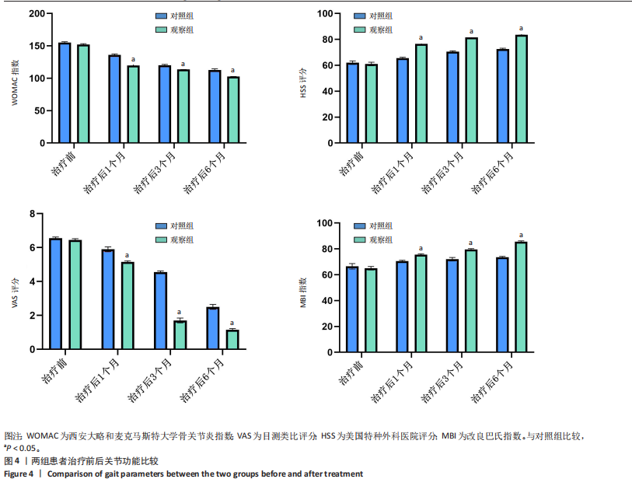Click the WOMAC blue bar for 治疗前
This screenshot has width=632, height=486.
(65, 93)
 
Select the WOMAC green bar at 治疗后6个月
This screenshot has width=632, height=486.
(233, 110)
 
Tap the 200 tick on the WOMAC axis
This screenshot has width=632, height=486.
(33, 14)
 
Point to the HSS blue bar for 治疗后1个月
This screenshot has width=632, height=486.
(403, 100)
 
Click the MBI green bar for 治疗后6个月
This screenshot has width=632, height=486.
(522, 297)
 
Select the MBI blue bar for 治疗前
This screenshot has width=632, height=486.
(352, 309)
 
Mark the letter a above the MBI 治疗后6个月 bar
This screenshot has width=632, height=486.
(522, 235)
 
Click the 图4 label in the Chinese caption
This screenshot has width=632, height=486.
(12, 461)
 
